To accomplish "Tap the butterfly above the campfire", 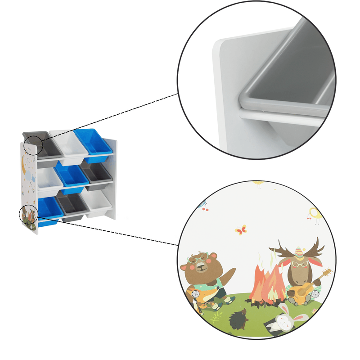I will tap(241, 230).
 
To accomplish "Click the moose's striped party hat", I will tap(299, 251).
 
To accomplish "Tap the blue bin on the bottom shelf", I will tap(49, 209).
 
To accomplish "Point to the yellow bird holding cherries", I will tap(315, 215).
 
